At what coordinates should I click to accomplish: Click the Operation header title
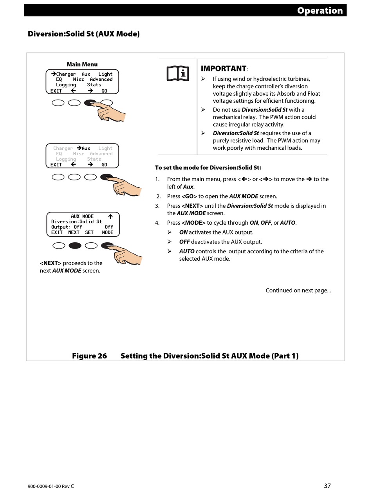(320, 11)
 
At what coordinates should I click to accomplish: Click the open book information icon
(178, 73)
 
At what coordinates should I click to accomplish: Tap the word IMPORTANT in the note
(223, 69)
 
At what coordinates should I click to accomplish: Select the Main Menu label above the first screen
(82, 64)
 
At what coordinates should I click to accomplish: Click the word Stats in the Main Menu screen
(94, 85)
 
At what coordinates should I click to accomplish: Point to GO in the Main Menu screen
(104, 91)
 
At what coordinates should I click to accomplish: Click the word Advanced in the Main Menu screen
(101, 79)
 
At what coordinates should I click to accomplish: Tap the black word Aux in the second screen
(86, 148)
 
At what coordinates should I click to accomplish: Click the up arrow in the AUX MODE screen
(110, 216)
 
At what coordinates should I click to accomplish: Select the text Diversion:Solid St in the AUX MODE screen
(76, 222)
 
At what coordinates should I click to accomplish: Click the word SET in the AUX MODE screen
(89, 232)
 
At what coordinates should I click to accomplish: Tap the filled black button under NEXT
(75, 246)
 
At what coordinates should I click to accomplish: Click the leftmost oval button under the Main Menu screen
(58, 103)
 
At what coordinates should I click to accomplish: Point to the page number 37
(327, 486)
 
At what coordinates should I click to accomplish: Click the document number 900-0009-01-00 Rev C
(51, 486)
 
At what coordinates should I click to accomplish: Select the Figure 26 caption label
(89, 356)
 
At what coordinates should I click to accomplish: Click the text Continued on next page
(298, 291)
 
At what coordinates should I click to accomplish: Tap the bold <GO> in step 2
(189, 196)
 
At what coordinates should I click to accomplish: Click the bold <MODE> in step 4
(193, 223)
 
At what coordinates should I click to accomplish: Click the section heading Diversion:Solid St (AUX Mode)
(83, 34)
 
